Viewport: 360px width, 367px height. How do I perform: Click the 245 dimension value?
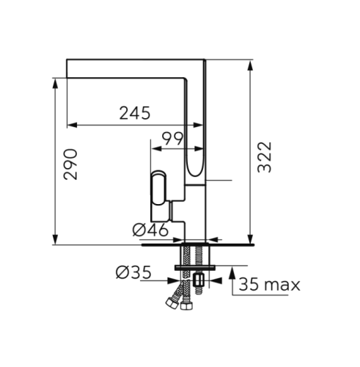(x=135, y=113)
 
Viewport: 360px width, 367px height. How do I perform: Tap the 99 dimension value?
(x=173, y=139)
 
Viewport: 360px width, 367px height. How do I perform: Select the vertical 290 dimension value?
(x=70, y=164)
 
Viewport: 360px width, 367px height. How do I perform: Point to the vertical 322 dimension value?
(x=265, y=157)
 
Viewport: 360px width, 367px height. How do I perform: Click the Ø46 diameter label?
(x=150, y=230)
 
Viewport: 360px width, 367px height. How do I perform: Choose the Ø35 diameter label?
(x=133, y=272)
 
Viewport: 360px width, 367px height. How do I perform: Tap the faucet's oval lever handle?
(x=158, y=188)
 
